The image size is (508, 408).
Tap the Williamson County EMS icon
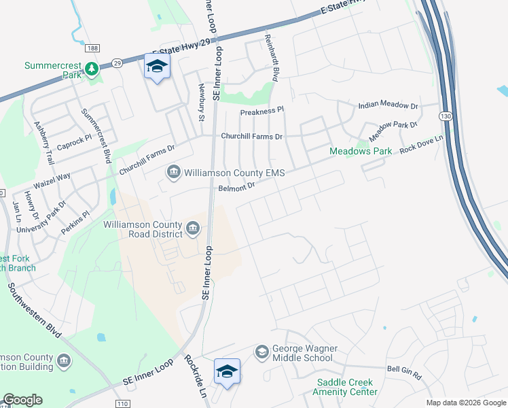pyautogui.click(x=174, y=173)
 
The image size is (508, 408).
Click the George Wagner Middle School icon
pyautogui.click(x=262, y=352)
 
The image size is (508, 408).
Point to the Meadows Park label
pyautogui.click(x=361, y=151)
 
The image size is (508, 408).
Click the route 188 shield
pyautogui.click(x=92, y=48)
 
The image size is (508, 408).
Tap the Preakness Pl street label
pyautogui.click(x=261, y=111)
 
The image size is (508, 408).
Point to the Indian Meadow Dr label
pyautogui.click(x=388, y=106)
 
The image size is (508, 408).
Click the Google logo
pyautogui.click(x=22, y=400)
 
